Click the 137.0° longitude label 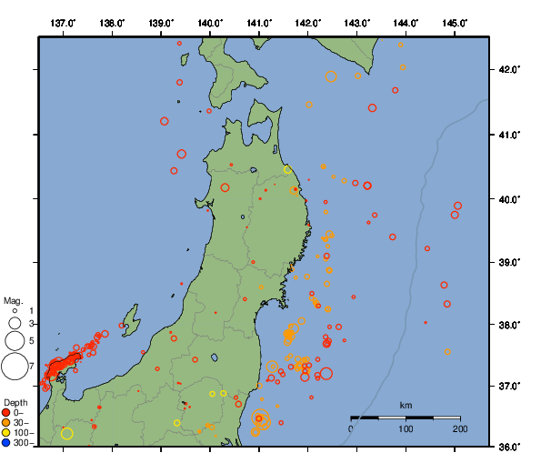tap(63, 22)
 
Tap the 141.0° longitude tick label tap(259, 22)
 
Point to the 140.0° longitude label tap(210, 22)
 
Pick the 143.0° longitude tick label tap(357, 22)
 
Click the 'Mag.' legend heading tap(13, 300)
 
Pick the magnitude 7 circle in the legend tap(14, 367)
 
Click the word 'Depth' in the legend tap(15, 402)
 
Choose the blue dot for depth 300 tap(6, 443)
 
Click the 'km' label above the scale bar tap(406, 405)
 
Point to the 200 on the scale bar tap(459, 429)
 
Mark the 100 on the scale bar tap(406, 429)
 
